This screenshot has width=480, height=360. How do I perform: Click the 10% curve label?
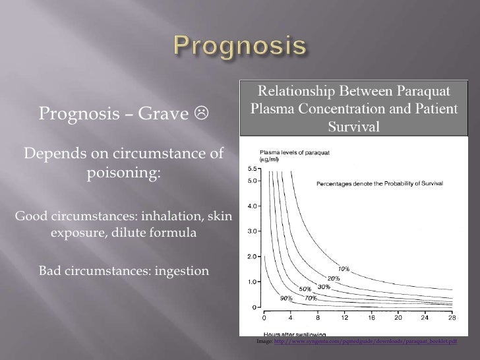click(344, 268)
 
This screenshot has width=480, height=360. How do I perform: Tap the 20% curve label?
click(334, 278)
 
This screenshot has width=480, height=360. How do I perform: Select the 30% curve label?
click(324, 287)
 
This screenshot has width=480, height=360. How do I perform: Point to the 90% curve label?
click(286, 298)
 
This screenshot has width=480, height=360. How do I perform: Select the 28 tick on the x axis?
click(451, 317)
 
